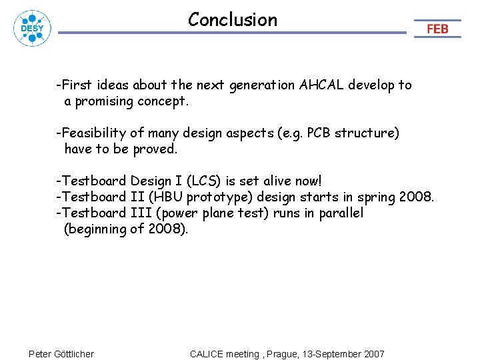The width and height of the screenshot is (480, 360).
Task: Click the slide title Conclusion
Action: coord(232,20)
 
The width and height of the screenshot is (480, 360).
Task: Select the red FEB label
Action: coord(437,29)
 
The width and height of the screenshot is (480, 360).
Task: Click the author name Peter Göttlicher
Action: coord(61,354)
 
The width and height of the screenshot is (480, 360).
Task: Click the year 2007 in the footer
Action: coord(373,354)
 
